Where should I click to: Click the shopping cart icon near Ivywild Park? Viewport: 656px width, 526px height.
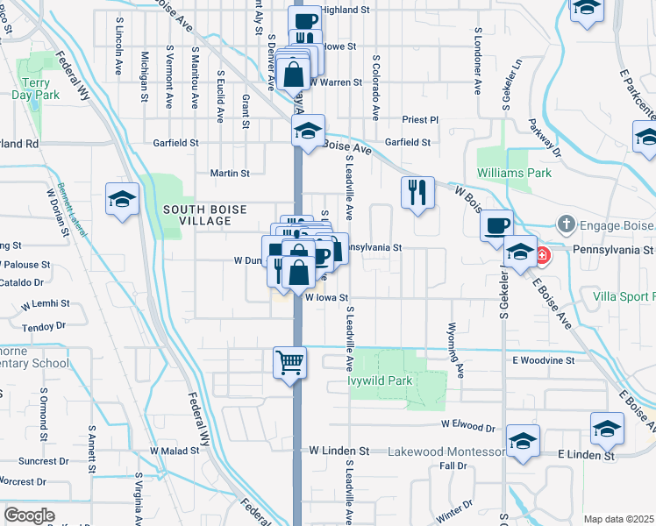(290, 360)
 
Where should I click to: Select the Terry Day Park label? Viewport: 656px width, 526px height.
(35, 87)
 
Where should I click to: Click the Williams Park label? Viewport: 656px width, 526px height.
(514, 173)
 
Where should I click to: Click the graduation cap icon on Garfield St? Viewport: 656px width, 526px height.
(308, 131)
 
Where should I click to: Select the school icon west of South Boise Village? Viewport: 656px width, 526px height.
(121, 198)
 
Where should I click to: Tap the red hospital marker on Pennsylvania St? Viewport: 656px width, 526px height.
(542, 256)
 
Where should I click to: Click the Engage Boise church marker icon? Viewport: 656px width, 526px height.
(567, 224)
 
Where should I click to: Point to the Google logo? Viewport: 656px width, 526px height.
(29, 515)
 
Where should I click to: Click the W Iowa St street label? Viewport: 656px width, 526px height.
(327, 298)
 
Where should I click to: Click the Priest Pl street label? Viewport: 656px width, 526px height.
(420, 119)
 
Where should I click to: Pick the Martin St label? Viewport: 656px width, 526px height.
(230, 174)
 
